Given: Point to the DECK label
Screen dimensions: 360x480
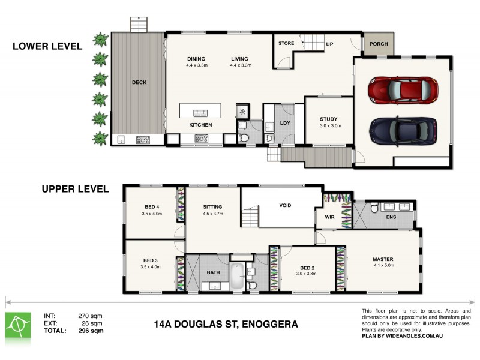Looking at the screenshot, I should (x=139, y=82).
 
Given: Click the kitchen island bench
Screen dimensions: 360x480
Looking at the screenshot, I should (x=200, y=111).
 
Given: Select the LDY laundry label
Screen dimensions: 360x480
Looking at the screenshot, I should (x=285, y=123).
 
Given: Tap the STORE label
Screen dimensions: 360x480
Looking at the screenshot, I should (x=286, y=44).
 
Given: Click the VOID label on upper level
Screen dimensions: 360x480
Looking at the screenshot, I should (x=286, y=206).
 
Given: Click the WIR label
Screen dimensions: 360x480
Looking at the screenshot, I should (x=329, y=218).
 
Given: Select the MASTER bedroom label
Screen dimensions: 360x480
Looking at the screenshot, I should (x=382, y=259).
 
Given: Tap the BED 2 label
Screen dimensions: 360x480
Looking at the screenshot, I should (x=307, y=267).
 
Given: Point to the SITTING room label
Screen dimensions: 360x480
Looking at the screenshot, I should (x=213, y=206).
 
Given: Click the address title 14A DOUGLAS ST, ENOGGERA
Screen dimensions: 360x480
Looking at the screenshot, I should (x=226, y=325).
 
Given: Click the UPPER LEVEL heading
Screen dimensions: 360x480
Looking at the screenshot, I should (x=75, y=189).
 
